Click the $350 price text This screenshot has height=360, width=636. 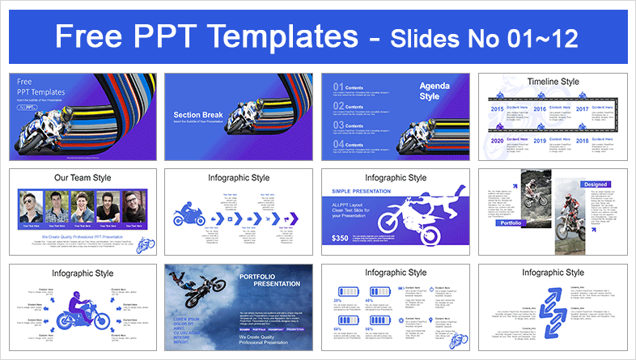(341, 239)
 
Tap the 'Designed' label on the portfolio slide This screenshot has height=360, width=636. (595, 184)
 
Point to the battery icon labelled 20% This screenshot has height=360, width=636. (346, 289)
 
